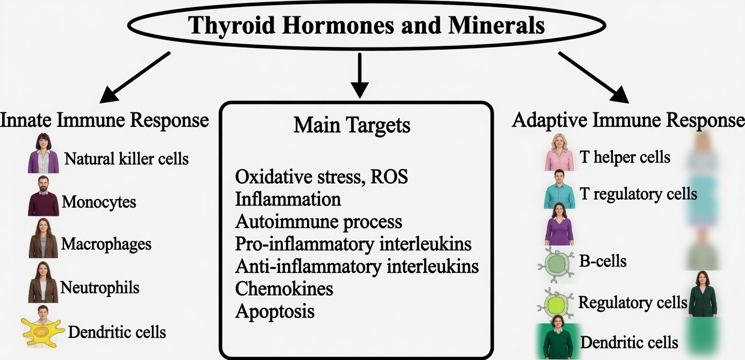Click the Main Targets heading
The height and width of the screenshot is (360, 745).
[352, 125]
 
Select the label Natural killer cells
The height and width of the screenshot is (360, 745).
[126, 159]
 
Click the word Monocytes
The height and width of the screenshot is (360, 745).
[99, 201]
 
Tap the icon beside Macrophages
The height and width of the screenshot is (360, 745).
[43, 238]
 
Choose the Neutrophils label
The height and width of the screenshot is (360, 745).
[100, 287]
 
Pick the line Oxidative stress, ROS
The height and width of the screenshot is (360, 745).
[321, 177]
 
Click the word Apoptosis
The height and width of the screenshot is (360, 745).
[275, 311]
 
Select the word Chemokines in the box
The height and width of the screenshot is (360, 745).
[284, 289]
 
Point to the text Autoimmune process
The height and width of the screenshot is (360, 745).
[318, 222]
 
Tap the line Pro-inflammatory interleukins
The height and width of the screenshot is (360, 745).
[353, 244]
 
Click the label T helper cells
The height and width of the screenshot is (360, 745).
[624, 156]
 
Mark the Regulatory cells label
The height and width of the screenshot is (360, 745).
[632, 302]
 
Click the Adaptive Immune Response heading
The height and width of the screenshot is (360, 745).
[628, 121]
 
